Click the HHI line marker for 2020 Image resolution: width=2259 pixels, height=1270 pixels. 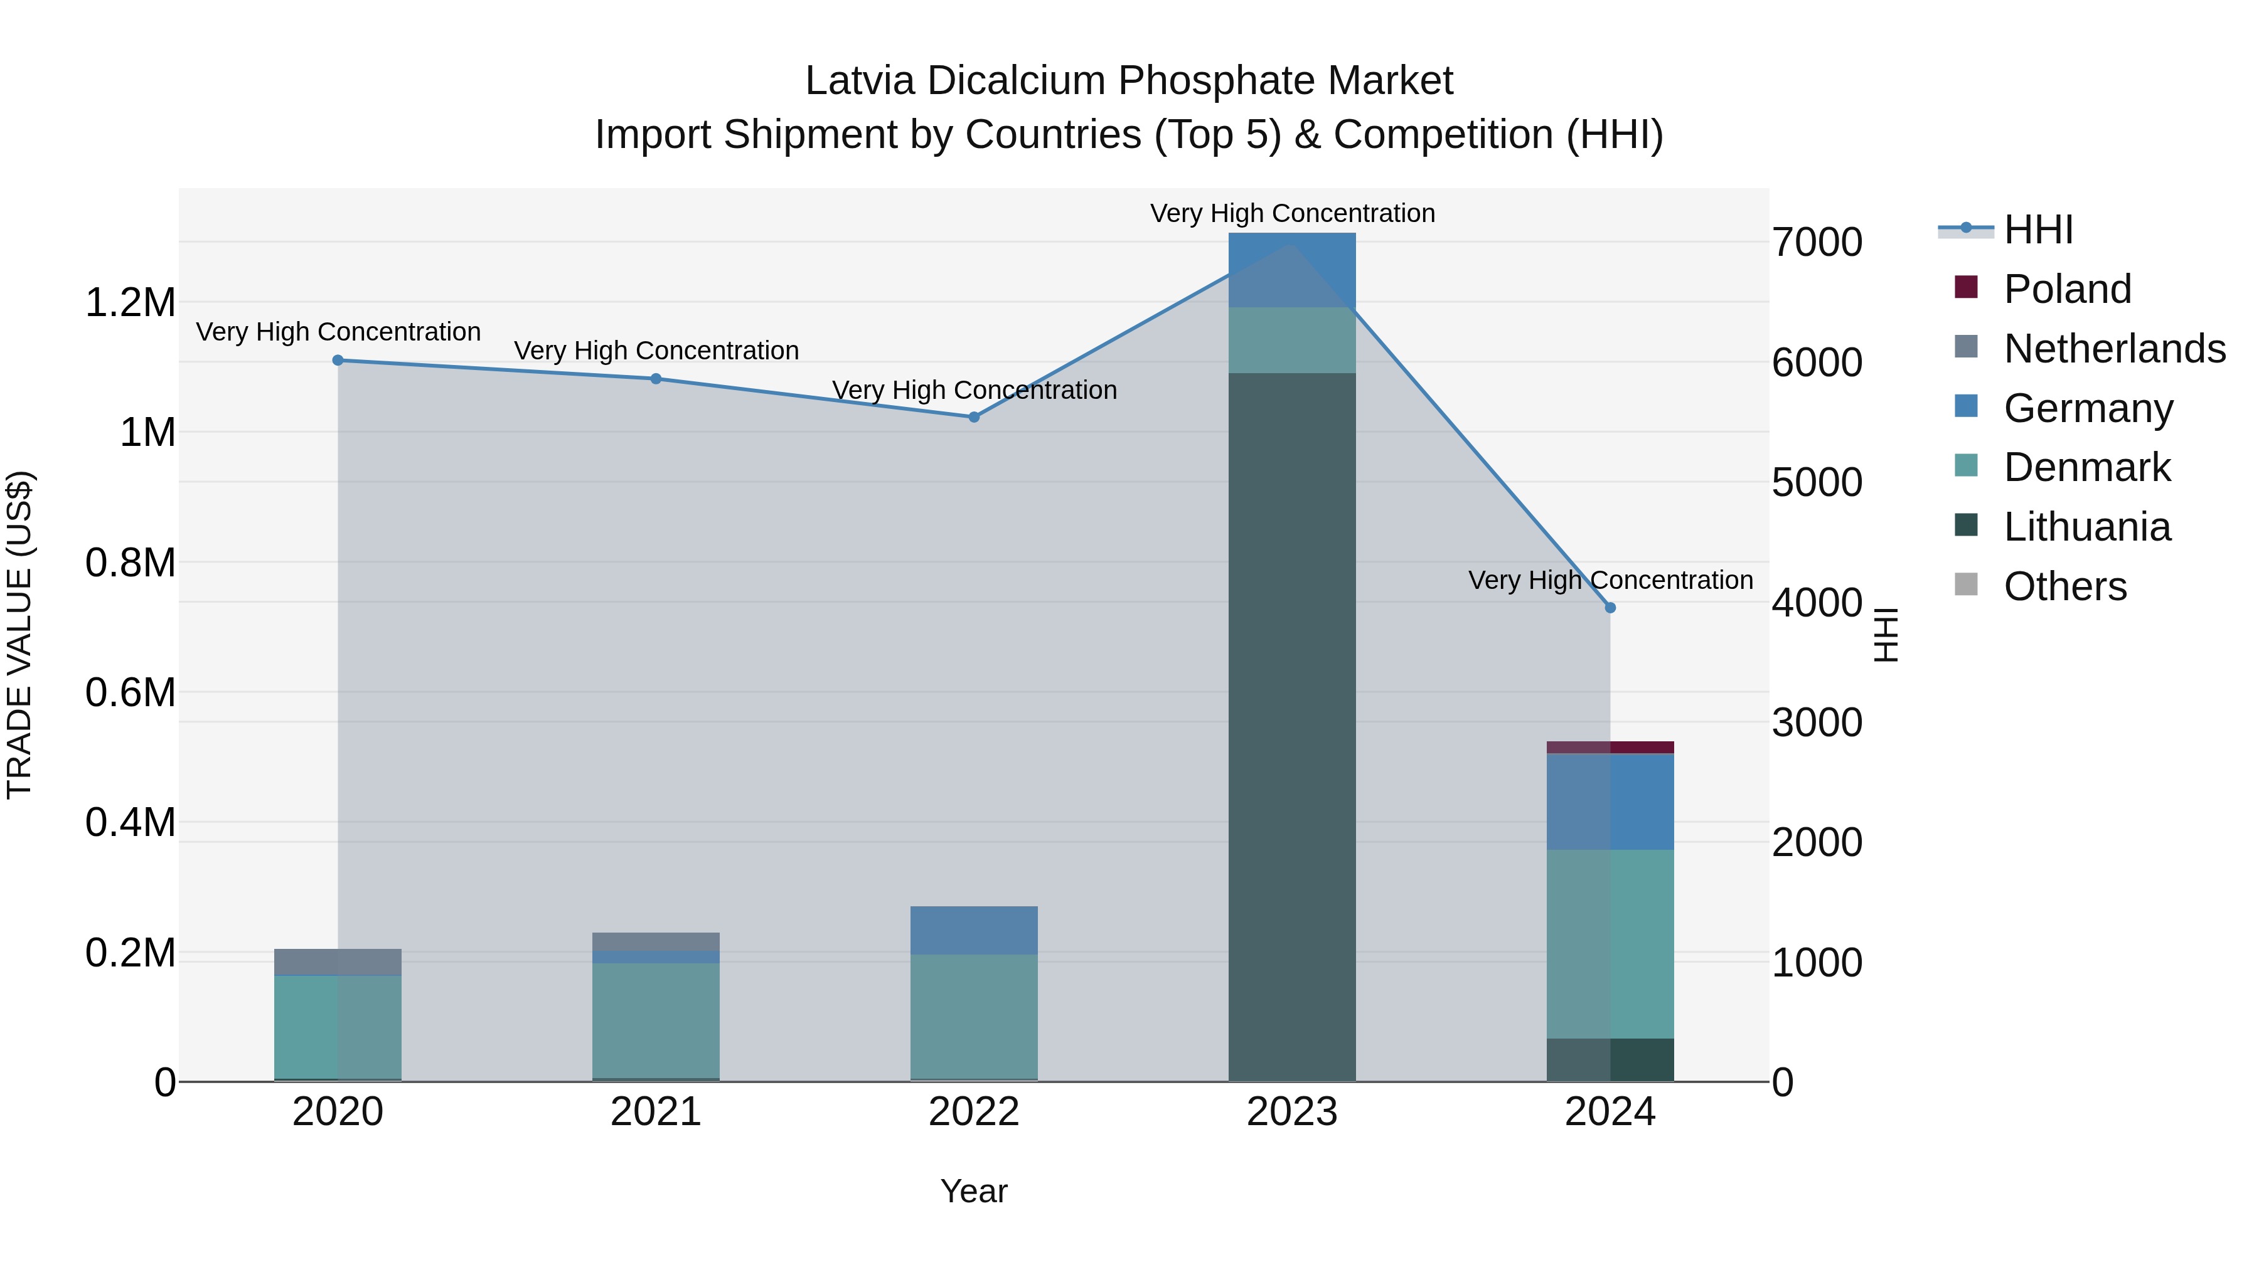click(338, 360)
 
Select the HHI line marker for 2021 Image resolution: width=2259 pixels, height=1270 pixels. click(656, 379)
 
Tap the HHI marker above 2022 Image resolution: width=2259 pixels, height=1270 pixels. click(973, 417)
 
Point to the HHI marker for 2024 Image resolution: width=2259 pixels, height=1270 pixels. click(1610, 607)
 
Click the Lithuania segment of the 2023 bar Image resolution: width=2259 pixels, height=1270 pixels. click(1292, 728)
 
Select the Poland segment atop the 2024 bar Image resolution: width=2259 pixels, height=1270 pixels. click(1610, 748)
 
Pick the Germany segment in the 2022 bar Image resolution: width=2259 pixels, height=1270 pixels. click(973, 930)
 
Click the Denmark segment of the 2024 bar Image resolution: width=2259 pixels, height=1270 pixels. click(1610, 944)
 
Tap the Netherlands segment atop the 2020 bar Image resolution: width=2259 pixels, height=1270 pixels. click(338, 961)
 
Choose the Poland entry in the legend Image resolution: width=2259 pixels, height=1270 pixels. click(2067, 289)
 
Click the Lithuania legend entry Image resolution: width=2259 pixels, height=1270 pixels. click(2086, 527)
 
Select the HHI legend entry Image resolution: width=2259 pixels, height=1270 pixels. click(2038, 230)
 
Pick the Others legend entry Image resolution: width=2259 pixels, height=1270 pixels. click(2064, 586)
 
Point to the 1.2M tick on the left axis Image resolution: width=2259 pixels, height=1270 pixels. click(130, 304)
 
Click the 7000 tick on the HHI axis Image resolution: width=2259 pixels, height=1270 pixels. click(1817, 243)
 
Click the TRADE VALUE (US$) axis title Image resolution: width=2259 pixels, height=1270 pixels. click(19, 635)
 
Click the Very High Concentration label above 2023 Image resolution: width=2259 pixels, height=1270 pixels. click(1292, 213)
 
